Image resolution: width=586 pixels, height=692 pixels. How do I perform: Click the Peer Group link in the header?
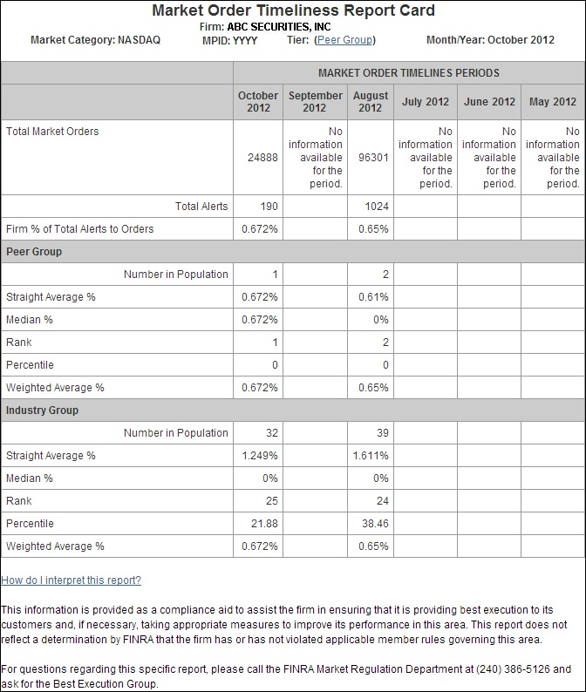[x=345, y=40]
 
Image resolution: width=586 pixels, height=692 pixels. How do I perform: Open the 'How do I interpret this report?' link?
[x=71, y=580]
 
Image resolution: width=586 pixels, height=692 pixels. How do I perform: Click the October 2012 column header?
[x=258, y=102]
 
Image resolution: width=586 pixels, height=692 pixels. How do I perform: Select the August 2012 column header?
[x=371, y=102]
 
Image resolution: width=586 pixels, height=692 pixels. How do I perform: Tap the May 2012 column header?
[x=553, y=102]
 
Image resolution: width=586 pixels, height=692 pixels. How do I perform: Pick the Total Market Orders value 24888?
[x=262, y=158]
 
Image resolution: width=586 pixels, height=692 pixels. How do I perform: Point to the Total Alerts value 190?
[x=269, y=207]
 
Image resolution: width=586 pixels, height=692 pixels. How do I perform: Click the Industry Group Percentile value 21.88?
[x=263, y=524]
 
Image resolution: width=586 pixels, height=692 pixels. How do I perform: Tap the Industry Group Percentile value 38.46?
[x=374, y=524]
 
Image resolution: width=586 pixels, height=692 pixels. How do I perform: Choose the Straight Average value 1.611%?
[x=371, y=456]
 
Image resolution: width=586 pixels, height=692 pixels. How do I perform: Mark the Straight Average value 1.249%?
[x=260, y=456]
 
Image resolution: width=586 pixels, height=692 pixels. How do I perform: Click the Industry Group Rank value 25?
[x=271, y=501]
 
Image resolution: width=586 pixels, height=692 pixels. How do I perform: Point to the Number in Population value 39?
[x=381, y=433]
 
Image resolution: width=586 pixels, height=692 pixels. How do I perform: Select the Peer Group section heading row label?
[x=34, y=252]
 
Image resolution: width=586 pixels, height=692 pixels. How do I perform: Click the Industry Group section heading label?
[x=42, y=410]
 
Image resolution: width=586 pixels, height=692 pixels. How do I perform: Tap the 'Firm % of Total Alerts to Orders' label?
[x=79, y=229]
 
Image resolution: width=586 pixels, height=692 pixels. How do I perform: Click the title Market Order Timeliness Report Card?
[x=293, y=10]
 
